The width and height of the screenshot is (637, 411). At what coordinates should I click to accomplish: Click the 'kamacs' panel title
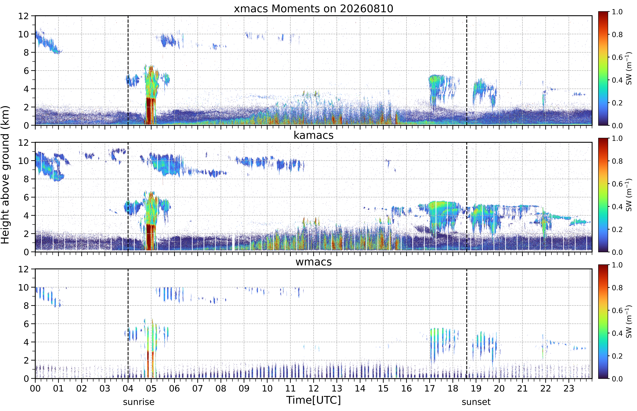click(313, 135)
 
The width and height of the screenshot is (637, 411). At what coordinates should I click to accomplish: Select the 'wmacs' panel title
click(313, 262)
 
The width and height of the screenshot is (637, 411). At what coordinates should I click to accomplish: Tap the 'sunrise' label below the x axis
click(139, 402)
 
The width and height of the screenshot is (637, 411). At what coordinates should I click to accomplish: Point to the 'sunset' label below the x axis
click(476, 402)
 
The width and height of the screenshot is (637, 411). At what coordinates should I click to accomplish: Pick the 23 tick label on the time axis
click(569, 388)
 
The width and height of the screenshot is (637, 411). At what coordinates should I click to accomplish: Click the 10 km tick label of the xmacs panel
click(23, 34)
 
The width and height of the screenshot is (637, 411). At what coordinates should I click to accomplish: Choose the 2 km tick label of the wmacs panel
click(26, 360)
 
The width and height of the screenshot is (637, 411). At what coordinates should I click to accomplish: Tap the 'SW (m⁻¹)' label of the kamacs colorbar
click(629, 195)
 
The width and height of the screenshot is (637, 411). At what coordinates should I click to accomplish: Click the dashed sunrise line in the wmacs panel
click(128, 323)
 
